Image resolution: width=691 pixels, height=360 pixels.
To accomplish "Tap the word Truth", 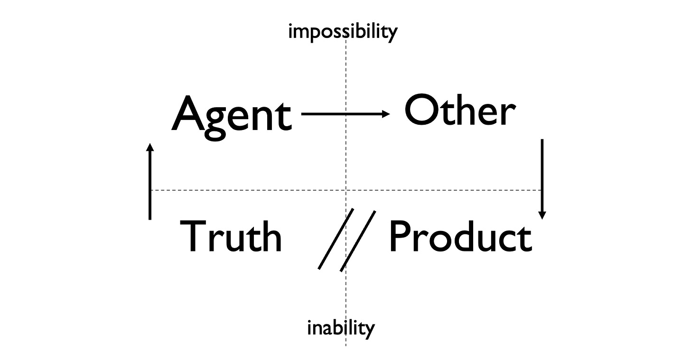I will [x=231, y=236].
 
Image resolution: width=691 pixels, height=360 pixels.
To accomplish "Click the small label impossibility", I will [x=343, y=32].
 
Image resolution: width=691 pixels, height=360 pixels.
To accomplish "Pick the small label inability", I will [x=341, y=327].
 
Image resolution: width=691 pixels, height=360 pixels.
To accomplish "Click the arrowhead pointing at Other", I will [x=386, y=114].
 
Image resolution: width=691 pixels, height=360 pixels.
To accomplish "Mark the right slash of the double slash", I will [x=358, y=241].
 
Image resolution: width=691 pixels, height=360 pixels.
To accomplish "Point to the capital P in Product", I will [x=401, y=236].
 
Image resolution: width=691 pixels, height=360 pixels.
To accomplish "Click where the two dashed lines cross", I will [x=346, y=190].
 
